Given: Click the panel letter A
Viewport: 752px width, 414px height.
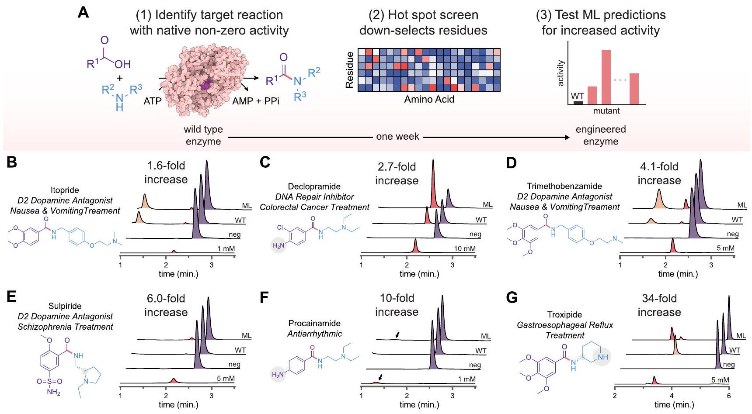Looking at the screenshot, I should click(x=83, y=12).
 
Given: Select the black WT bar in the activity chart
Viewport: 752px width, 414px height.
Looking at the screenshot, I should click(x=578, y=103).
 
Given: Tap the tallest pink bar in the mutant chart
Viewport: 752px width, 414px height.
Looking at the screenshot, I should click(x=606, y=77).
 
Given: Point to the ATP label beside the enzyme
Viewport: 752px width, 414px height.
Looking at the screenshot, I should click(x=153, y=101).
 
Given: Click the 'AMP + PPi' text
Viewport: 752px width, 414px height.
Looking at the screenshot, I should click(x=256, y=101).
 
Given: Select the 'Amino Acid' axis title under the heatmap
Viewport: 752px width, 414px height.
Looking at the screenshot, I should click(x=429, y=100).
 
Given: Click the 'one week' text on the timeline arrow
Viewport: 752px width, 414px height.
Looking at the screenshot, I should click(x=397, y=137).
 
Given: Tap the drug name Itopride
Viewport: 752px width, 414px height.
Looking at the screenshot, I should click(x=64, y=190).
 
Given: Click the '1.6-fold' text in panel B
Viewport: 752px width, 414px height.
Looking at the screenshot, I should click(x=166, y=166).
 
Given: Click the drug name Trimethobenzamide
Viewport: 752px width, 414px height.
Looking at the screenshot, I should click(x=564, y=186).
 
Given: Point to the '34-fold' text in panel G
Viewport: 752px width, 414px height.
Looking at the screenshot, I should click(x=659, y=298).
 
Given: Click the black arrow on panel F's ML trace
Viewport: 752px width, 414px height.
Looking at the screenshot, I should click(x=397, y=334).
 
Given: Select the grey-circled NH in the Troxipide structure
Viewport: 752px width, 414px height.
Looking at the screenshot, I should click(x=602, y=357).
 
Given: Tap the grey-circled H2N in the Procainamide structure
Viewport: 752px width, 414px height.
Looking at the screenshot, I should click(x=278, y=374).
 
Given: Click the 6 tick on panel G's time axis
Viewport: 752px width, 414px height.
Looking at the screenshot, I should click(x=729, y=396).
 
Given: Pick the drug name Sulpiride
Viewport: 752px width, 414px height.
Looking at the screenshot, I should click(x=65, y=306).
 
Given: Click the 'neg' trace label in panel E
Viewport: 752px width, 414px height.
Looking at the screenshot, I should click(x=234, y=364).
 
